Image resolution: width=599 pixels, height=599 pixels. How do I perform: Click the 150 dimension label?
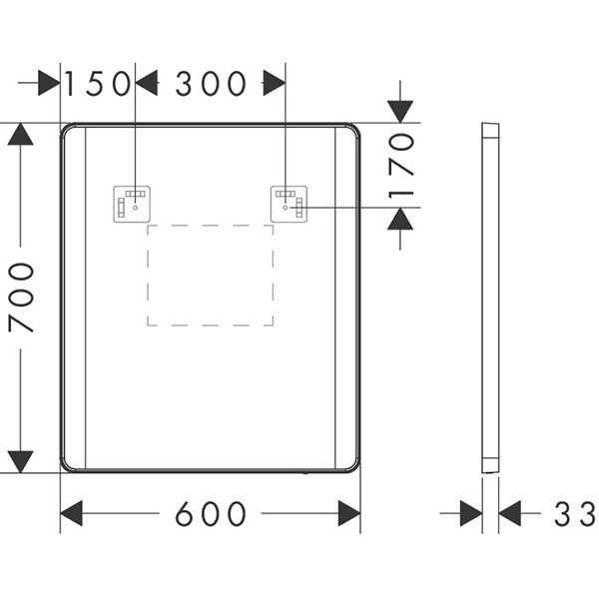[x=98, y=83]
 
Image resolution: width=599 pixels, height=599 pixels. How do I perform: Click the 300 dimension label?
[x=211, y=83]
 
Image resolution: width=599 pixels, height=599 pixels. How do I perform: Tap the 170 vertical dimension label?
[x=401, y=166]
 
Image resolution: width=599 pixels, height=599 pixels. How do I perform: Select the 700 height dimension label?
[x=21, y=297]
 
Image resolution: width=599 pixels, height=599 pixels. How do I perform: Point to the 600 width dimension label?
[x=211, y=513]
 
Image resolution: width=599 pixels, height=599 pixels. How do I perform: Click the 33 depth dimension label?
[x=575, y=514]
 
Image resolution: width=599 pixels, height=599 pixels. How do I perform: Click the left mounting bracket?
[x=132, y=204]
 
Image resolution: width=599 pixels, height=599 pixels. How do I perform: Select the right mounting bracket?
[x=289, y=204]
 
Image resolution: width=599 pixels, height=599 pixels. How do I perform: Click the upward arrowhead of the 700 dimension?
[x=21, y=134]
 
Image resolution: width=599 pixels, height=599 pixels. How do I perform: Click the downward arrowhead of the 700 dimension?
[x=21, y=462]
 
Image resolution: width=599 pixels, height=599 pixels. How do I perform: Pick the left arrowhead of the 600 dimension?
[x=72, y=513]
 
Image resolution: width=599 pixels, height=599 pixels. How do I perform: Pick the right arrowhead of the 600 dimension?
[x=349, y=513]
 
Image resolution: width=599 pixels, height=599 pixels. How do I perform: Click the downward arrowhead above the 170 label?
[x=400, y=112]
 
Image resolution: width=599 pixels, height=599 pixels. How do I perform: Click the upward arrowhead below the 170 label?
[x=400, y=219]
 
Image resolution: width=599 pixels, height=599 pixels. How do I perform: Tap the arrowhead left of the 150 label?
[x=49, y=83]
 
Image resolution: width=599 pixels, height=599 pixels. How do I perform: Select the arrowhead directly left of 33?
[x=509, y=513]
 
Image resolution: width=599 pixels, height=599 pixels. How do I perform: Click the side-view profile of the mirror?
[x=490, y=298]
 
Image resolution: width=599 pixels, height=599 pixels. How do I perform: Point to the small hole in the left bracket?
[x=135, y=208]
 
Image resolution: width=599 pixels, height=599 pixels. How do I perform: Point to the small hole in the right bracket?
[x=286, y=208]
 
